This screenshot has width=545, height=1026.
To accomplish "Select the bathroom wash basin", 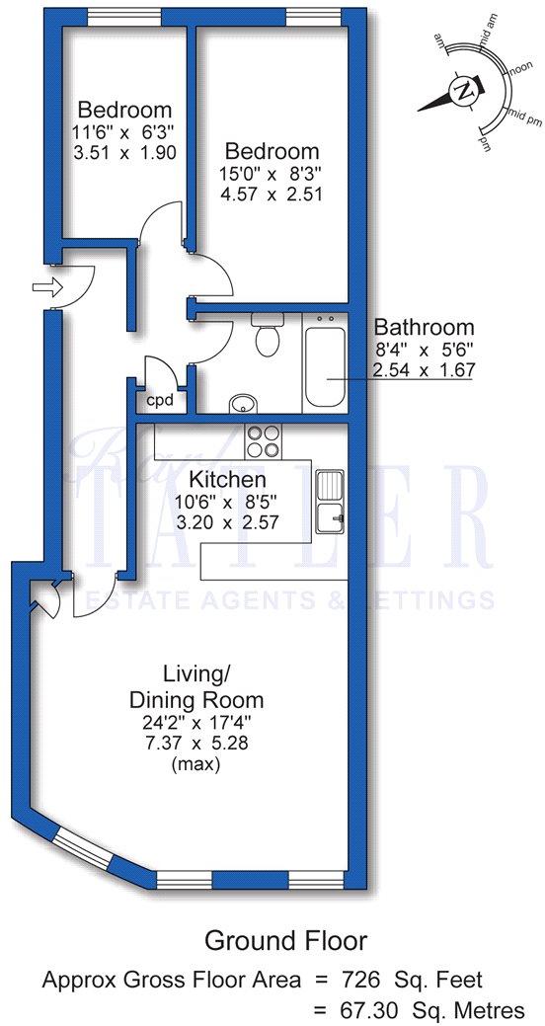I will click(x=242, y=403).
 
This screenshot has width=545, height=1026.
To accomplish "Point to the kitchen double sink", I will click(x=329, y=500).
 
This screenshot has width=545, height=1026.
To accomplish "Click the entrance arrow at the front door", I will click(x=46, y=287).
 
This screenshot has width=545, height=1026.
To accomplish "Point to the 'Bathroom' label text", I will click(x=424, y=327).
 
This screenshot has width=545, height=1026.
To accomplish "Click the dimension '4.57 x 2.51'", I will click(x=272, y=195).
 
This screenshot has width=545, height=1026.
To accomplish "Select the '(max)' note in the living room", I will click(x=196, y=763).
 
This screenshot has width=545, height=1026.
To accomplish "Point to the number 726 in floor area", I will click(x=386, y=980).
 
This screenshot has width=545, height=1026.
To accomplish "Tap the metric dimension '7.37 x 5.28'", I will click(x=196, y=743).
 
